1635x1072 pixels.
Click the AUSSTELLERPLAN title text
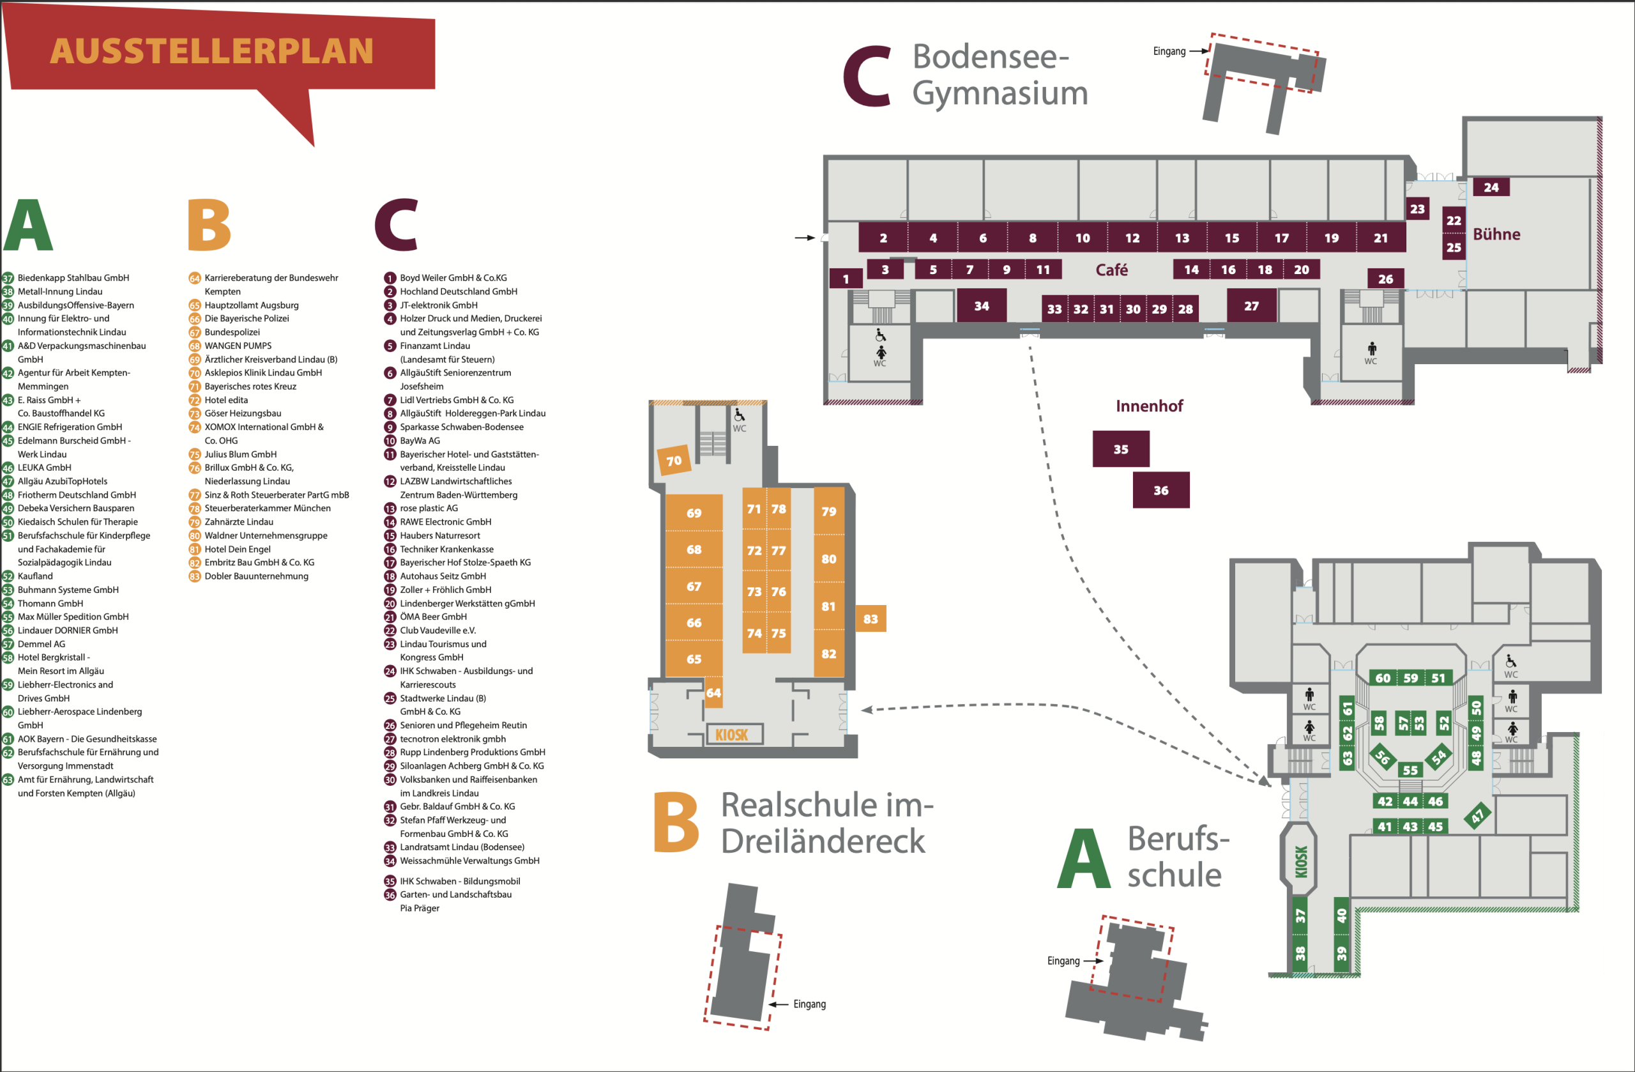pyautogui.click(x=211, y=51)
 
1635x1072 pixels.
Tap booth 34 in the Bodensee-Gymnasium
pyautogui.click(x=982, y=306)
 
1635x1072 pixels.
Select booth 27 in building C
pyautogui.click(x=1252, y=306)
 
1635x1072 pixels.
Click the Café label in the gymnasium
pyautogui.click(x=1111, y=270)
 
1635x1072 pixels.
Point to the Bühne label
pyautogui.click(x=1496, y=234)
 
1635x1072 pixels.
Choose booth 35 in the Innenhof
pyautogui.click(x=1120, y=448)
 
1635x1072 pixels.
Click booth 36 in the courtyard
pyautogui.click(x=1161, y=490)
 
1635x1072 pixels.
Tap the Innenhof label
pyautogui.click(x=1150, y=406)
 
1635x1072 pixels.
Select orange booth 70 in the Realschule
pyautogui.click(x=674, y=461)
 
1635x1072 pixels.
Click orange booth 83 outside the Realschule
pyautogui.click(x=871, y=618)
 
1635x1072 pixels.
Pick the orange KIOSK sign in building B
pyautogui.click(x=732, y=735)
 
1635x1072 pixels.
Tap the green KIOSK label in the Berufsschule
pyautogui.click(x=1300, y=862)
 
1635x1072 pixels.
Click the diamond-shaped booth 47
pyautogui.click(x=1478, y=816)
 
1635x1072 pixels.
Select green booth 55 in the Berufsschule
pyautogui.click(x=1410, y=770)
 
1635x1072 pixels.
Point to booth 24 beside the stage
pyautogui.click(x=1491, y=187)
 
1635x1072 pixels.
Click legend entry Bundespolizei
pyautogui.click(x=224, y=332)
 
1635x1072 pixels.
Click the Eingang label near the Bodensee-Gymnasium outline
pyautogui.click(x=1169, y=52)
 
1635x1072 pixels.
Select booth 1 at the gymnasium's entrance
pyautogui.click(x=846, y=279)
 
